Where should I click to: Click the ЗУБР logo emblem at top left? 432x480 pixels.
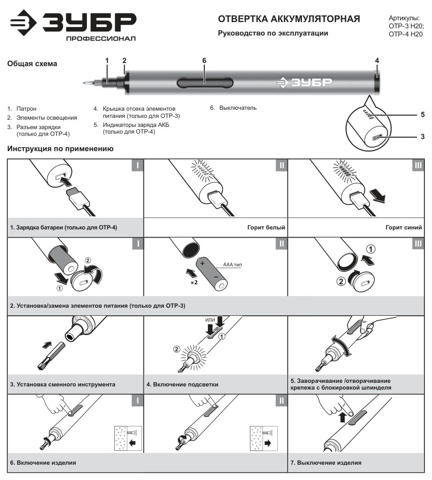click(x=23, y=22)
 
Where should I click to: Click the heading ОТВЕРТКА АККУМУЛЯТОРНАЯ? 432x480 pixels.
click(x=289, y=19)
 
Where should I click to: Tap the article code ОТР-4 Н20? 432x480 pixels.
click(x=405, y=34)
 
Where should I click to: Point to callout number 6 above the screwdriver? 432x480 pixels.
click(x=204, y=61)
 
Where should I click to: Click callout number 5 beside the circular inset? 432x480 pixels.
click(x=423, y=115)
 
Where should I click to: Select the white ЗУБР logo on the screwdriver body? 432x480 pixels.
click(x=304, y=82)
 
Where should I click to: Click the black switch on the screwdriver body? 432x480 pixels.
click(x=205, y=83)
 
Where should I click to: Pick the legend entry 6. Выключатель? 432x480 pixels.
click(x=233, y=108)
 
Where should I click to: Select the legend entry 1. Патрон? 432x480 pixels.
click(x=22, y=109)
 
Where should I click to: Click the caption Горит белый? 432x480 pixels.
click(x=266, y=228)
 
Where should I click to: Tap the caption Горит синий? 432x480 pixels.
click(x=404, y=228)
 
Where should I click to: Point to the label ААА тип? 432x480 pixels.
click(x=232, y=265)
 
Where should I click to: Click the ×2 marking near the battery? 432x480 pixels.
click(x=194, y=282)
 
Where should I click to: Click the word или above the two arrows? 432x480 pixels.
click(x=210, y=320)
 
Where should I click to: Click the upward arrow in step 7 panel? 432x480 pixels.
click(x=343, y=417)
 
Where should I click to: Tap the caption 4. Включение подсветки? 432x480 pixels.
click(x=182, y=385)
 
